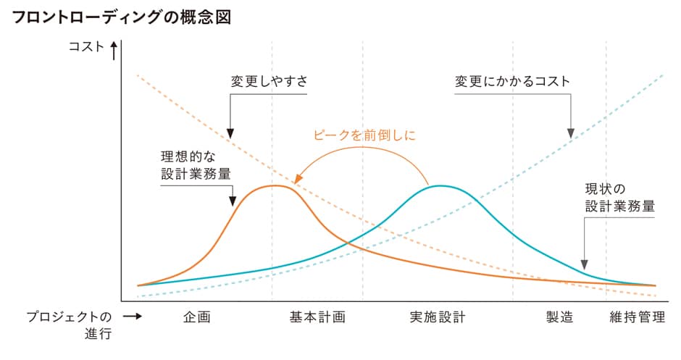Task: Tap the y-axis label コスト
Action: pos(85,48)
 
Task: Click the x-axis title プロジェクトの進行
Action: pos(70,325)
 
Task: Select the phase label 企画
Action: pos(197,317)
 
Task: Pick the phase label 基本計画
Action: pos(317,317)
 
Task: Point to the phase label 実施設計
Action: pos(437,317)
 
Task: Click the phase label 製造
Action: pos(559,317)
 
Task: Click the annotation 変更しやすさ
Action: pos(269,81)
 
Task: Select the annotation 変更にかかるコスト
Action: pos(512,81)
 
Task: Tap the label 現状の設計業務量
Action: pos(619,197)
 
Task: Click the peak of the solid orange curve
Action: pos(275,185)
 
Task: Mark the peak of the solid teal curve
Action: pos(440,185)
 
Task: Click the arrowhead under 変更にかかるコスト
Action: pos(572,133)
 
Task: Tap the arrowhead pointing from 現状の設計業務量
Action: pos(584,266)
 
